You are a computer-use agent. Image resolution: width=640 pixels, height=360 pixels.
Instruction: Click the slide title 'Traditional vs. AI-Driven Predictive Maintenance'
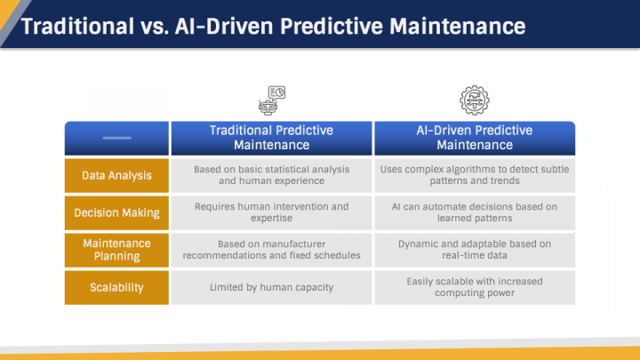point(272,25)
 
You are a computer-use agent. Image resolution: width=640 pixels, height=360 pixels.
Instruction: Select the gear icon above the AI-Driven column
point(474,100)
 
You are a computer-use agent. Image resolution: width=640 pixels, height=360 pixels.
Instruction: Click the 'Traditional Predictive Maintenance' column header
point(271,138)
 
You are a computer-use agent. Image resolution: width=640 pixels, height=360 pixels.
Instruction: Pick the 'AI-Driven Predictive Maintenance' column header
point(474,138)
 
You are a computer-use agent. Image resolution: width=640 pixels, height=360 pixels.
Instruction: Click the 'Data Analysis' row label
point(116,175)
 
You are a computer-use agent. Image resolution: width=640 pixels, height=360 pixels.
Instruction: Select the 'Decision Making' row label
point(116,212)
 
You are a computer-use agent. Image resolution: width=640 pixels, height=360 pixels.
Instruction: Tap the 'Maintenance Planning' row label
point(116,250)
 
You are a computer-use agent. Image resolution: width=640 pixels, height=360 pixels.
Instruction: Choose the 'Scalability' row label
point(116,287)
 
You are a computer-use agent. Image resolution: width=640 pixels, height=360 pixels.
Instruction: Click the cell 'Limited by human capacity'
point(271,287)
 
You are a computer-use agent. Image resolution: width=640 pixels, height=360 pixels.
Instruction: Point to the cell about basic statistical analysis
point(271,175)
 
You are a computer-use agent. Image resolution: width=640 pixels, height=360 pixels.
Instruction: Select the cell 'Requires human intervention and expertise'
point(271,212)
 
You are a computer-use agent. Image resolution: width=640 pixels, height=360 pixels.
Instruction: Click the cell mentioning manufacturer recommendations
point(271,250)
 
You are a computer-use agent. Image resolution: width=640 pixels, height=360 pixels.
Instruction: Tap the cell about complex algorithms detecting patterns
point(474,175)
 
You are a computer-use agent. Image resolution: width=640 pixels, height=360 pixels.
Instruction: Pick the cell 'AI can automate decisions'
point(474,212)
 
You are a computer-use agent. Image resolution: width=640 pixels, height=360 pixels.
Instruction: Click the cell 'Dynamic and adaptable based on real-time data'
point(474,250)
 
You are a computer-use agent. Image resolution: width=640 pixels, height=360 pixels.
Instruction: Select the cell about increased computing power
point(474,287)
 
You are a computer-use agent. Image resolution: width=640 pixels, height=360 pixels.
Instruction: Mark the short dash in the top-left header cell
point(116,138)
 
